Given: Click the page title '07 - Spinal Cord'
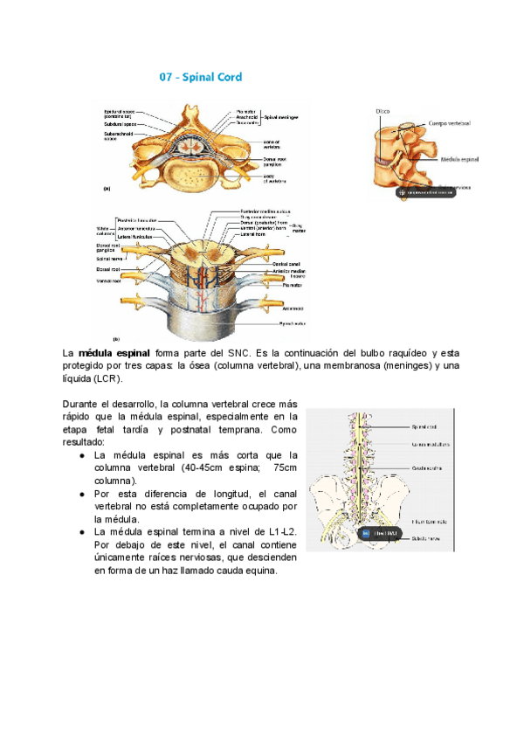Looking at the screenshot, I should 200,78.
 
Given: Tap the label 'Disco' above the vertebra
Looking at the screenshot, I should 383,111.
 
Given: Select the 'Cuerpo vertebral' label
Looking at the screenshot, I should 449,124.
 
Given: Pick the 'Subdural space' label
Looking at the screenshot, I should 119,124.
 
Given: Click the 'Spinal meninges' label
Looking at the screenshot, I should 285,117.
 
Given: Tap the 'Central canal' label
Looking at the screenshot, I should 286,264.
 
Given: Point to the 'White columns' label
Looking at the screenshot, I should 107,231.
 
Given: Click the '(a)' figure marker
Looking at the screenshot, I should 107,187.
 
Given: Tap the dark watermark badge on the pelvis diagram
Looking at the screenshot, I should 382,533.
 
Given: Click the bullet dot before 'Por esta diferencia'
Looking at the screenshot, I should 81,494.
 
